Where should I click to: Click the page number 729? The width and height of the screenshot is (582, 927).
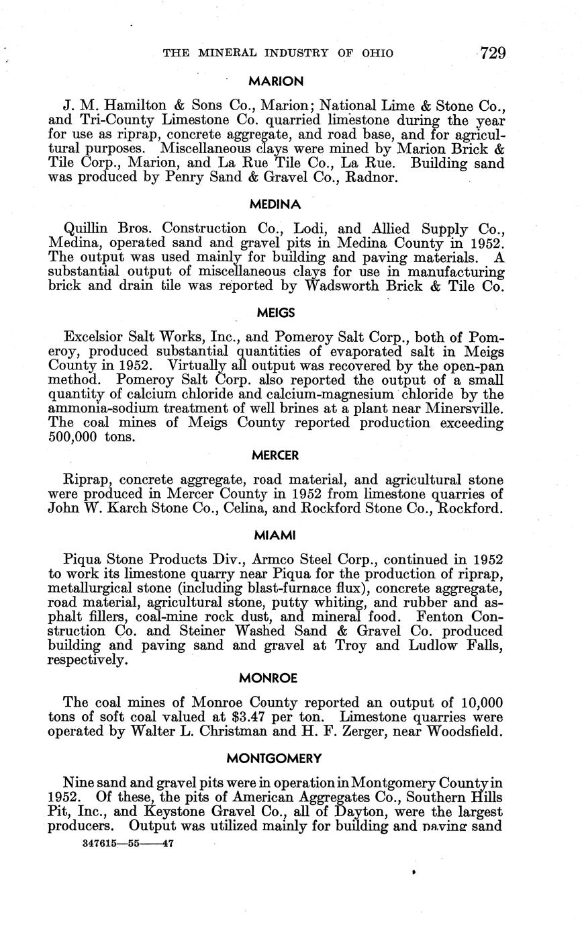pyautogui.click(x=493, y=53)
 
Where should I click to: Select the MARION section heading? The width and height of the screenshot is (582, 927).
pyautogui.click(x=275, y=81)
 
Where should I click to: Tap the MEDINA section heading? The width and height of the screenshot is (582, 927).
pyautogui.click(x=275, y=204)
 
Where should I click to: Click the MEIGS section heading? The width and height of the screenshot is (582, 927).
pyautogui.click(x=275, y=312)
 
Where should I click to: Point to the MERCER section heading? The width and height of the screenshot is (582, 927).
pyautogui.click(x=275, y=455)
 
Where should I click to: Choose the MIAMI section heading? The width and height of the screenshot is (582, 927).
pyautogui.click(x=275, y=535)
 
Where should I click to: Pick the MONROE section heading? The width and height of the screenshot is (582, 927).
pyautogui.click(x=275, y=678)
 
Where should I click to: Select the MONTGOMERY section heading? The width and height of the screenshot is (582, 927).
pyautogui.click(x=275, y=758)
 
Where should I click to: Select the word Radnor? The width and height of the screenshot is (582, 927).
pyautogui.click(x=371, y=178)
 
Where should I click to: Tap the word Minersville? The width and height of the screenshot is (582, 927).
pyautogui.click(x=463, y=408)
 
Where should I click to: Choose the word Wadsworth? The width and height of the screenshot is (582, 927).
pyautogui.click(x=345, y=285)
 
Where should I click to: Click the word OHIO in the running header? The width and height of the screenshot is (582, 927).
pyautogui.click(x=377, y=53)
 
